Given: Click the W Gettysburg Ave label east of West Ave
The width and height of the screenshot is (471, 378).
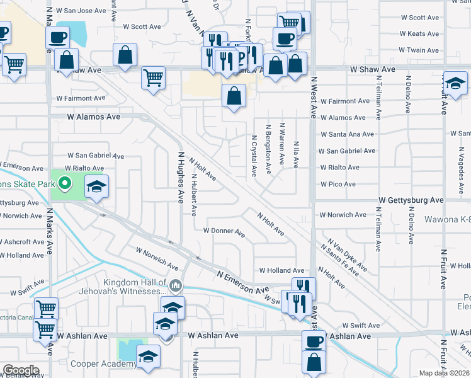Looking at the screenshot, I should point(411,200).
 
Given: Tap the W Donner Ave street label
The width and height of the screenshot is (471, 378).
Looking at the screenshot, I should point(224,231).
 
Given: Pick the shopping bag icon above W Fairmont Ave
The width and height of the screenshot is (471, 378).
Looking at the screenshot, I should point(234,96).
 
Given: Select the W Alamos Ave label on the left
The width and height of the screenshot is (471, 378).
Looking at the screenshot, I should point(93,117).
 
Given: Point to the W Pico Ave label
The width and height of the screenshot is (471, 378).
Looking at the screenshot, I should point(338,184).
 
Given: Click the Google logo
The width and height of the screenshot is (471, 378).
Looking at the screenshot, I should point(20,370).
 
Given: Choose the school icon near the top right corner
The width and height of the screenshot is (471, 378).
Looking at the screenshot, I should point(455,83).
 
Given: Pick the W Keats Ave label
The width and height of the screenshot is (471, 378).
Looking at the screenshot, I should point(419,34).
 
